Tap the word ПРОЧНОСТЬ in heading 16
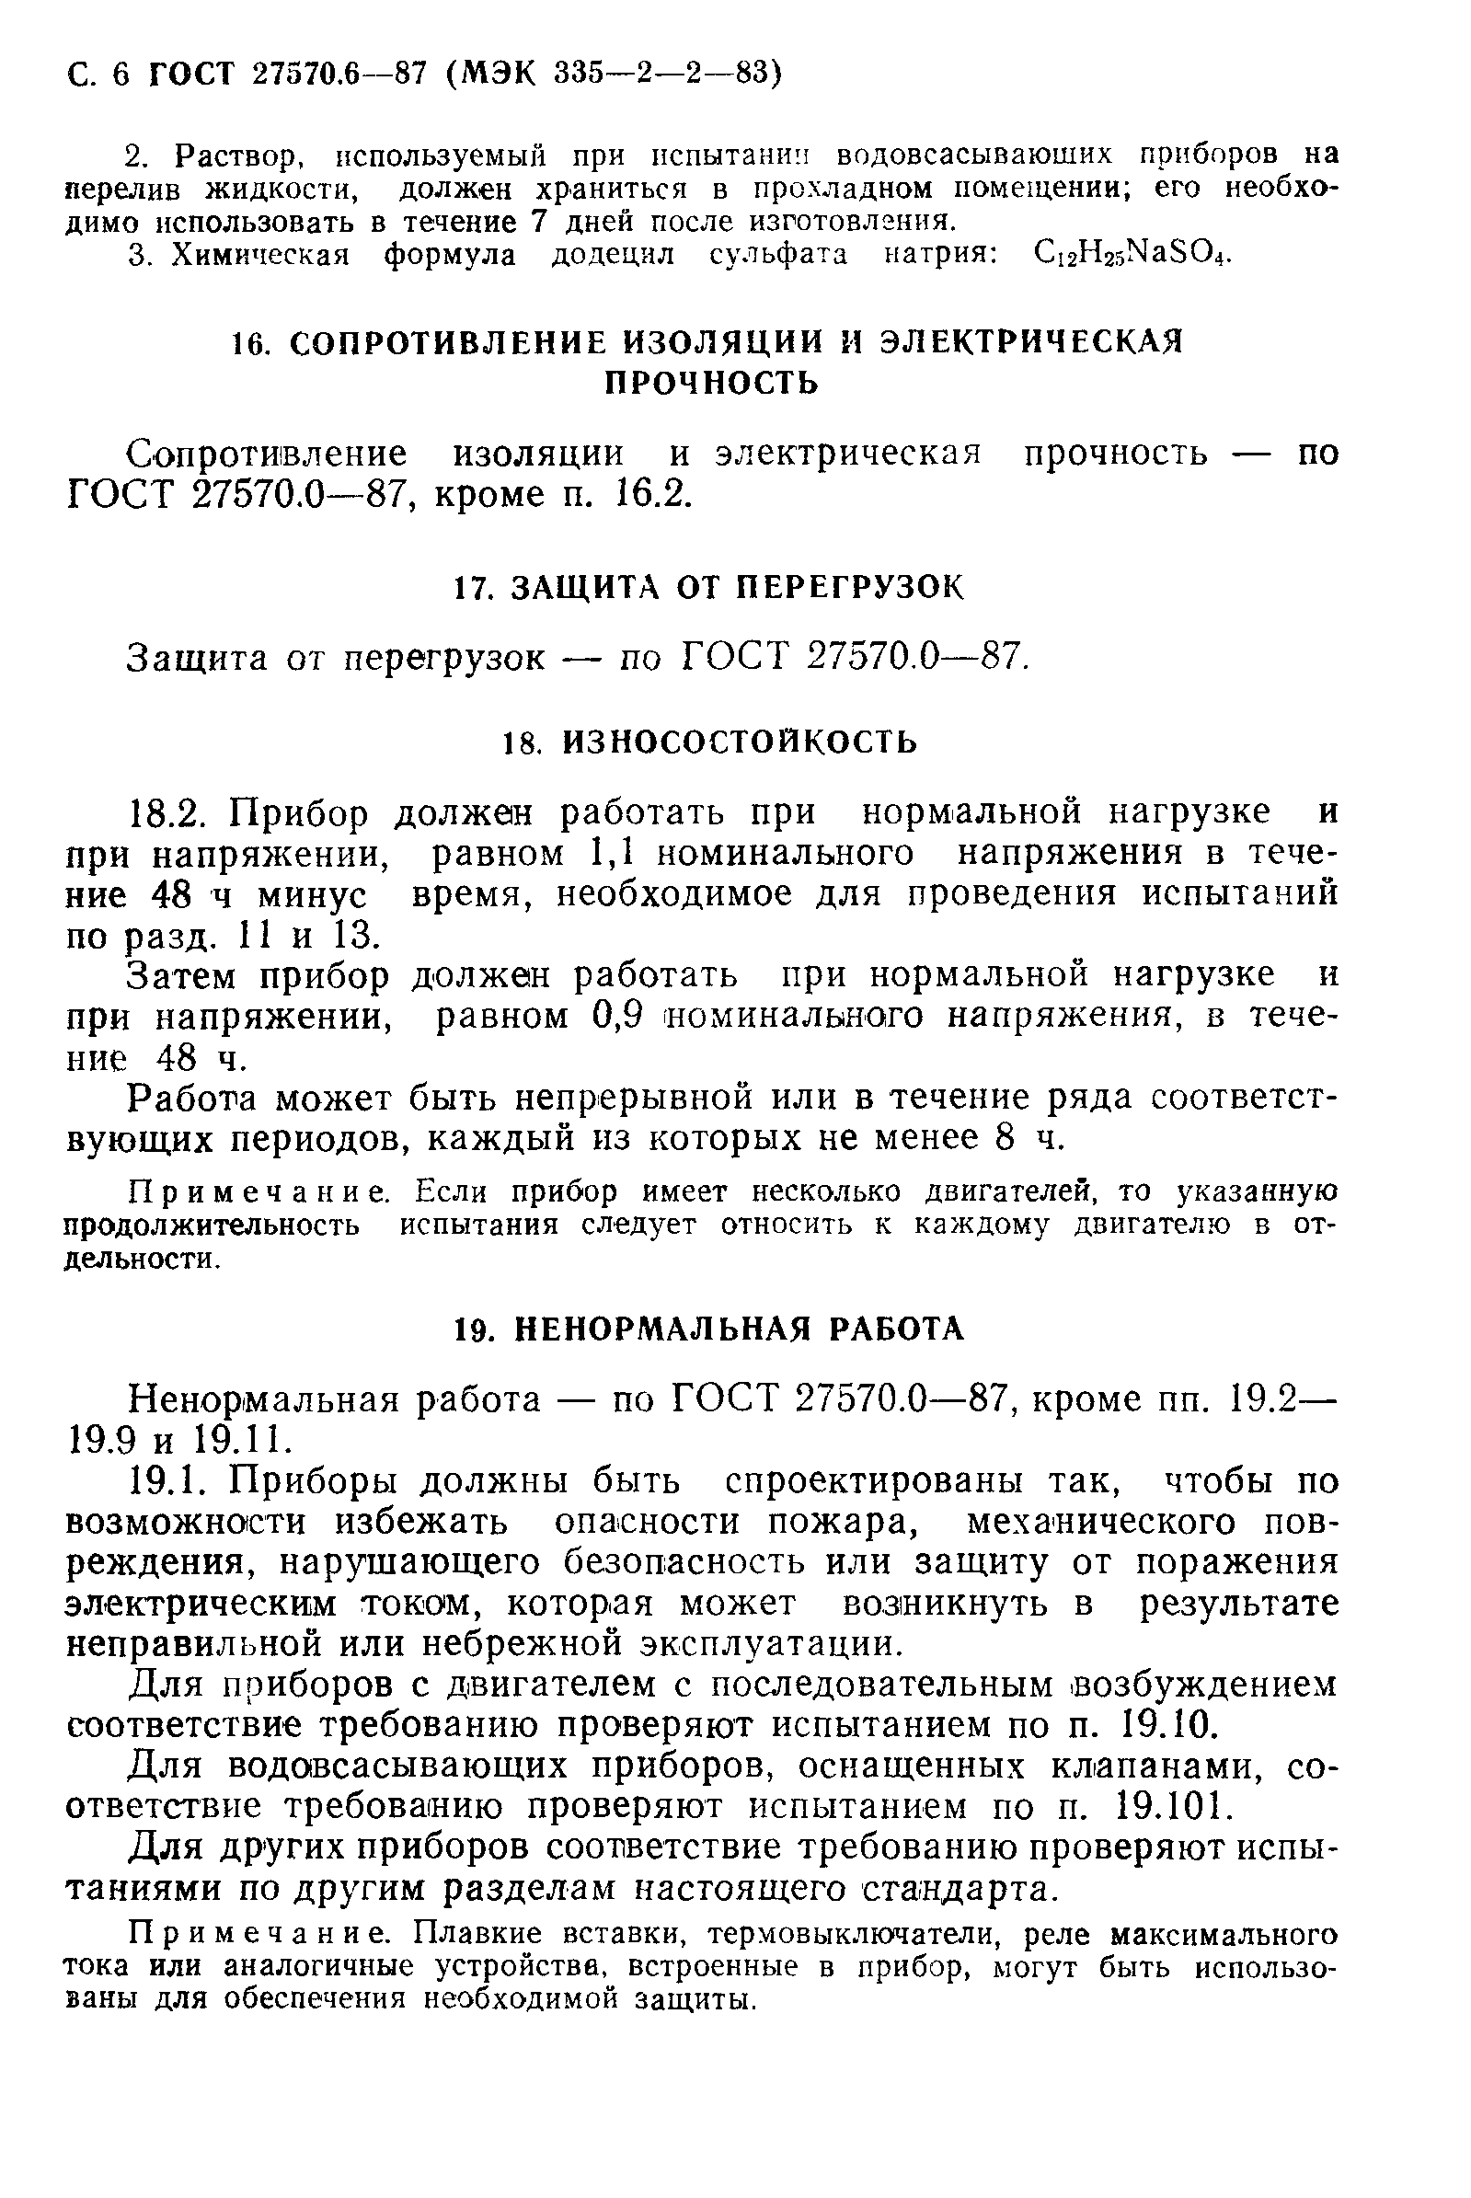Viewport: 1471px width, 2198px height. [710, 384]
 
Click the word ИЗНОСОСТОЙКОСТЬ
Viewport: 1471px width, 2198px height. [741, 742]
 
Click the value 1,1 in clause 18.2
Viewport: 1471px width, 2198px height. [615, 854]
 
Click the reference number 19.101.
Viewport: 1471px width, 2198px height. [1174, 1806]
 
